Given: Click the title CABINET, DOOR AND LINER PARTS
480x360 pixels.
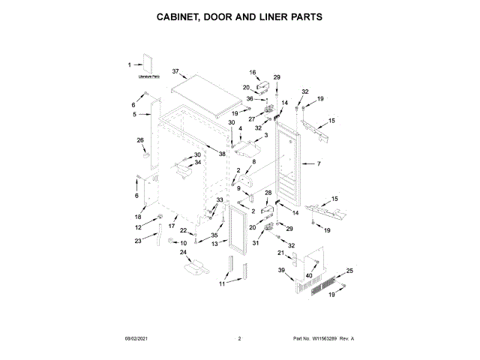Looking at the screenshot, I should point(240,16).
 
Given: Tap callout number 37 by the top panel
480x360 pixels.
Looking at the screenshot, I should point(176,71).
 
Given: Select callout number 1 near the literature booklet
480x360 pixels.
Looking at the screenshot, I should point(129,64).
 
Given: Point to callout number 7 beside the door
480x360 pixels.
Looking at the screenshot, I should point(318,163).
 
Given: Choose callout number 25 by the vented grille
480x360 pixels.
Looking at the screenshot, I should point(349,270).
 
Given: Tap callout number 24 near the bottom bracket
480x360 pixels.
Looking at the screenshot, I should point(182,253).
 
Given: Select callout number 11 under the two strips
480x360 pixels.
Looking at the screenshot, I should point(221,284).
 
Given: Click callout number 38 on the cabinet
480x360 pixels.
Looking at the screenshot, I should point(222,153).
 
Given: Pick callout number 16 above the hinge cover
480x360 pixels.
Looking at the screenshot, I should point(253,73).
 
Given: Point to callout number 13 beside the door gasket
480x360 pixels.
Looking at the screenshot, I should point(214,244).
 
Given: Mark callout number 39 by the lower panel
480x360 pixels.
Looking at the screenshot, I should point(281,270).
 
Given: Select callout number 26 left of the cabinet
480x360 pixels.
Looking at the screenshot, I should point(139,139).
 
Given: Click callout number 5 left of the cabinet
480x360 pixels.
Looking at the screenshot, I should point(135,115).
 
